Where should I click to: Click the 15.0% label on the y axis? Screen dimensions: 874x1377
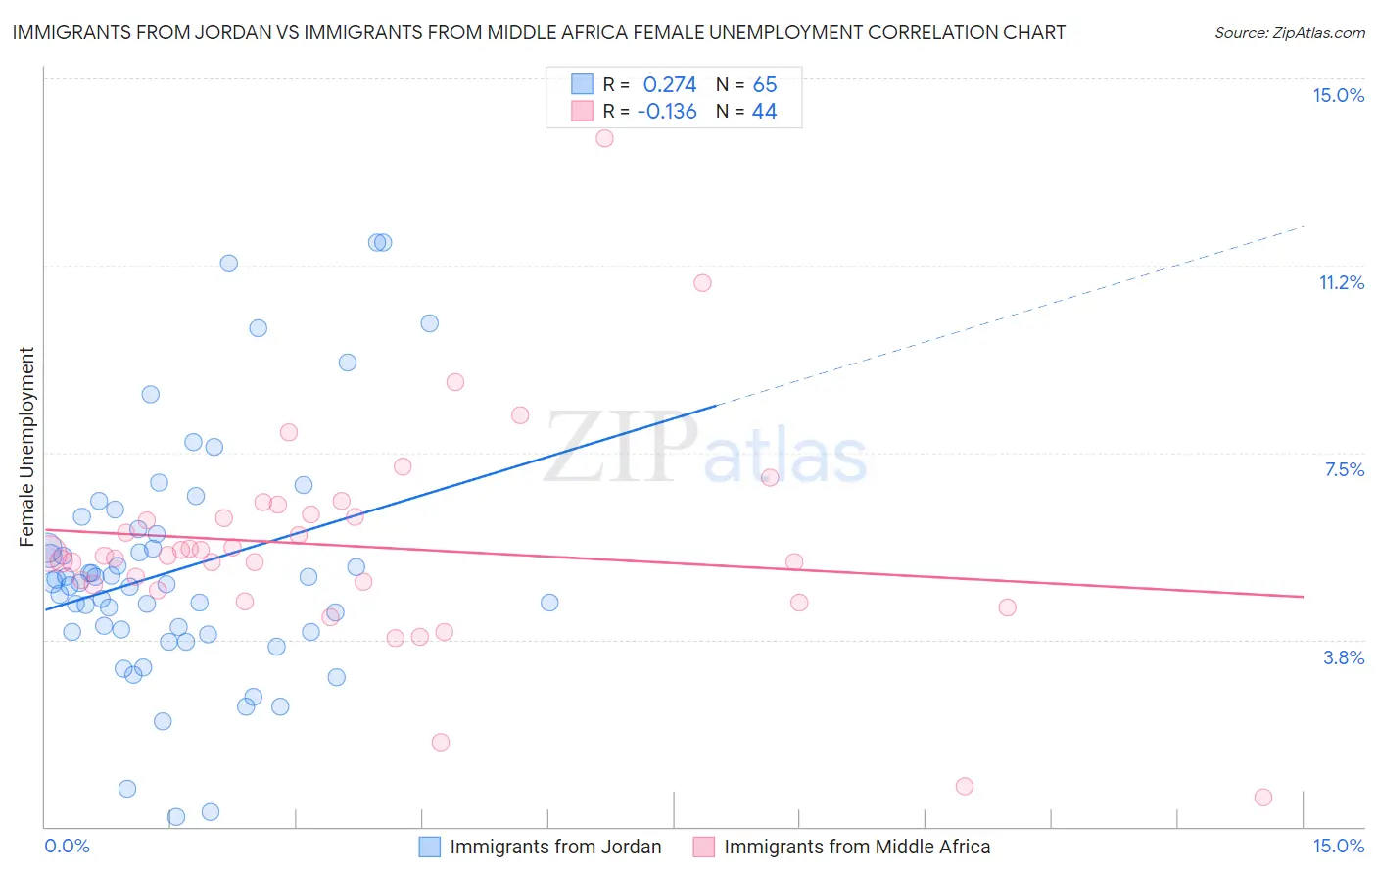click(1338, 95)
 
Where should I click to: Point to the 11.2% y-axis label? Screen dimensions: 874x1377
click(1341, 282)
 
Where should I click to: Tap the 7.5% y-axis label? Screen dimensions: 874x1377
click(1344, 469)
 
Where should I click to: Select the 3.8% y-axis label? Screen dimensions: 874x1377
click(1344, 657)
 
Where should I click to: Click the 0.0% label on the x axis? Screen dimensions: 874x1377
click(67, 846)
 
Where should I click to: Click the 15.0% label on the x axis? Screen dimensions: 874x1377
click(1338, 846)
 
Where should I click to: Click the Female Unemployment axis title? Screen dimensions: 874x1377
click(26, 446)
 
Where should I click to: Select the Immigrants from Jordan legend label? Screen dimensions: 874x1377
click(555, 847)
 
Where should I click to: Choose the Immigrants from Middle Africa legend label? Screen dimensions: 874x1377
click(857, 847)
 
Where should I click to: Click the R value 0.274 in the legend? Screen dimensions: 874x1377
click(670, 85)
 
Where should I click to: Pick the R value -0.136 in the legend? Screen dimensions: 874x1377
click(667, 112)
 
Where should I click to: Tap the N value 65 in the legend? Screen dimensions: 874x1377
click(765, 85)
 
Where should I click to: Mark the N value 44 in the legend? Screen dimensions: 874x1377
click(764, 112)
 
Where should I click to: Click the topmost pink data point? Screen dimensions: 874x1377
click(604, 138)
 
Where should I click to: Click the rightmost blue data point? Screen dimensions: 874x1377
click(549, 603)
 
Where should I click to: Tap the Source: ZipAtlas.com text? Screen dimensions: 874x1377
click(1289, 33)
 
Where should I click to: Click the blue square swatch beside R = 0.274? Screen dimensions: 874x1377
click(582, 84)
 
